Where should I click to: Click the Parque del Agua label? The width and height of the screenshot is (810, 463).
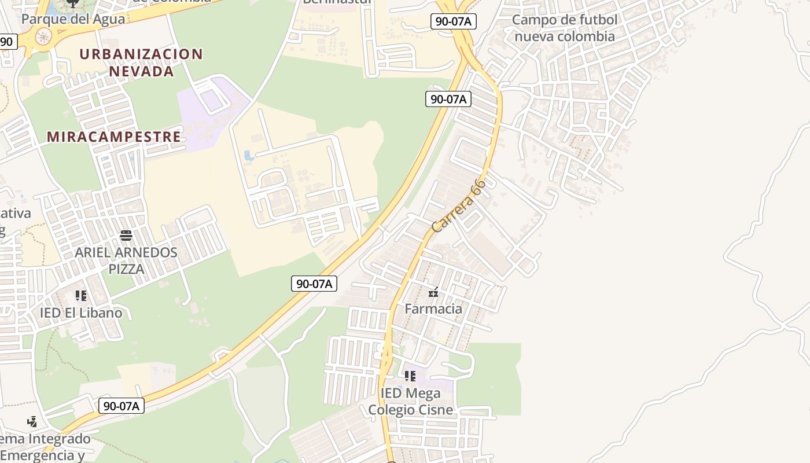pos(73,19)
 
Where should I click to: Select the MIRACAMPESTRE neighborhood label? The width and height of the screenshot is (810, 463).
pos(114,137)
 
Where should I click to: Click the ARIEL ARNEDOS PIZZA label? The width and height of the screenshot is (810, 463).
pos(126,261)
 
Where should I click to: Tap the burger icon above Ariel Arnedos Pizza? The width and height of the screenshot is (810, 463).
pos(126,236)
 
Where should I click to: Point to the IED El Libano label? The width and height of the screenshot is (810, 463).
pos(81,313)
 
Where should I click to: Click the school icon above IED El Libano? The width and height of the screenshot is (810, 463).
pos(81,296)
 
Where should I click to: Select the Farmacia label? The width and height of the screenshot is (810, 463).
pos(433,308)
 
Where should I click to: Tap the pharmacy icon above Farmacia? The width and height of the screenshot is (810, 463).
pos(433,293)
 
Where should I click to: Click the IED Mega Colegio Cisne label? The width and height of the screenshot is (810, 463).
pos(410,402)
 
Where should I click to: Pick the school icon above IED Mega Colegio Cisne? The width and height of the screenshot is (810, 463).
pos(410,377)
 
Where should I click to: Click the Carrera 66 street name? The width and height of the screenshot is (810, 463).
pos(459,206)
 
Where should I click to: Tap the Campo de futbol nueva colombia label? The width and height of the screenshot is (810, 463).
pos(565,28)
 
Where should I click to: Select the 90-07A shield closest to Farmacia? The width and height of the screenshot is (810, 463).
pos(314,284)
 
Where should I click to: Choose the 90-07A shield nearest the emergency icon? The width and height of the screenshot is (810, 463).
pos(121,406)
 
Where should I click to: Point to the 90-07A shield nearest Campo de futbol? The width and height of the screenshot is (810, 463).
pos(453,22)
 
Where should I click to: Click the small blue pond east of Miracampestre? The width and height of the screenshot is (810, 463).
pos(249,156)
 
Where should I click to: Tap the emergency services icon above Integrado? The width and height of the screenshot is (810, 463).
pos(32,421)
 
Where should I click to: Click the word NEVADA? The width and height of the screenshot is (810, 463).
pos(141,71)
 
